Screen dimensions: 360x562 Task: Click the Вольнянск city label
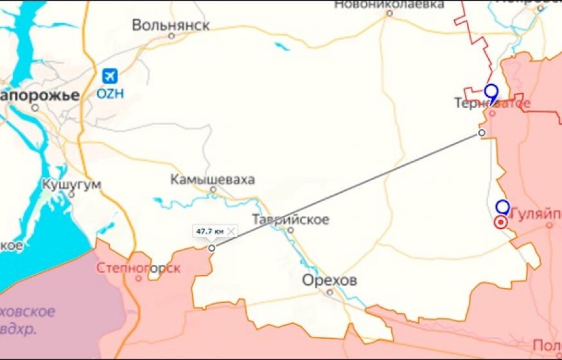click(171, 25)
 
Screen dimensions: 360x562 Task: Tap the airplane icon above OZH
click(110, 76)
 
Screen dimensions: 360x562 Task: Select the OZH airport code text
click(110, 93)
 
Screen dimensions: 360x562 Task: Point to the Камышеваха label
click(213, 180)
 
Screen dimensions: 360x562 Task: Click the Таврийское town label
click(290, 220)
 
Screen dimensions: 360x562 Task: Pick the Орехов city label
click(330, 281)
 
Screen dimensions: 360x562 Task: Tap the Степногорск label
click(138, 268)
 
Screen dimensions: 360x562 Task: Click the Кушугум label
click(71, 184)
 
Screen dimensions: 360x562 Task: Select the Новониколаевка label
click(389, 4)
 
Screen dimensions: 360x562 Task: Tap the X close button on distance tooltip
click(231, 231)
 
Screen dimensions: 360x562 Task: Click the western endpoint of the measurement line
click(212, 248)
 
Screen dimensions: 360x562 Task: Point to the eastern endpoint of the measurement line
click(482, 132)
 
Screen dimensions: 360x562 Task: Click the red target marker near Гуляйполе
click(500, 222)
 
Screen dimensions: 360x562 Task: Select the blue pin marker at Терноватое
click(491, 93)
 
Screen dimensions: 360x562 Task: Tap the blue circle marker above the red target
click(503, 207)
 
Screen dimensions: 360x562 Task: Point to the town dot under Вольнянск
click(171, 36)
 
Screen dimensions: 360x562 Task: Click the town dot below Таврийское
click(290, 230)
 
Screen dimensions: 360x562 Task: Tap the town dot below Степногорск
click(138, 279)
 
